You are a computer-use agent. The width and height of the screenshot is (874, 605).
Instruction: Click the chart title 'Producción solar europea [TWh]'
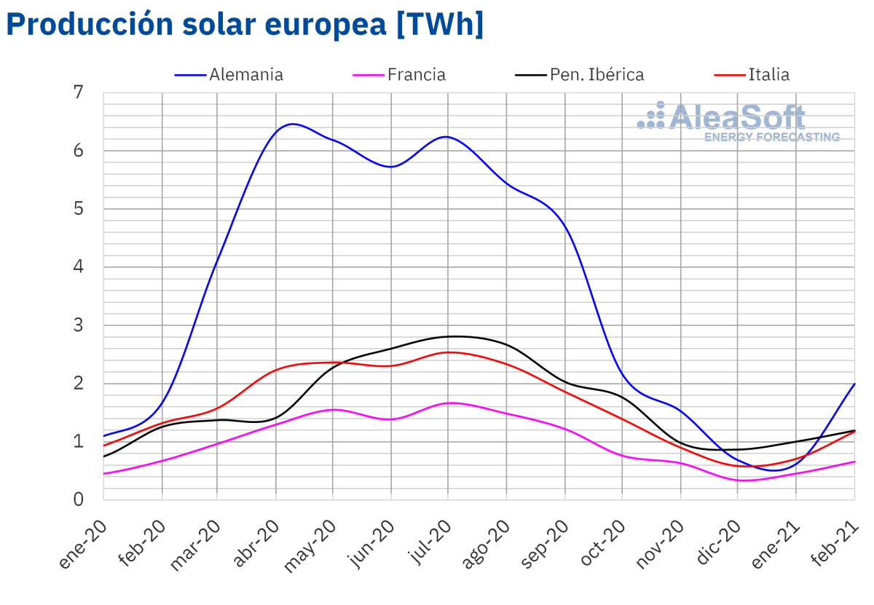pos(245,25)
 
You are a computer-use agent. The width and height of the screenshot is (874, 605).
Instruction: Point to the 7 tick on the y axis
pos(79,92)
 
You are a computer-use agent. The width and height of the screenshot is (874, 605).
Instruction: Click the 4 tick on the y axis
pos(79,267)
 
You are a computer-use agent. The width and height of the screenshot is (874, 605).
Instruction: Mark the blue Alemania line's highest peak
pos(291,124)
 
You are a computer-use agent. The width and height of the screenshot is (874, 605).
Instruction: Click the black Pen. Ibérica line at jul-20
pos(447,336)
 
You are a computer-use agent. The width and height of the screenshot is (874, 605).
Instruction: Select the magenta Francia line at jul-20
pos(447,403)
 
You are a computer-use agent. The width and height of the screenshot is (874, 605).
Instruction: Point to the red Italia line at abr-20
pos(275,370)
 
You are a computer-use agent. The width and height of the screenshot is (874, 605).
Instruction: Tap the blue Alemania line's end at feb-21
pos(854,384)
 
